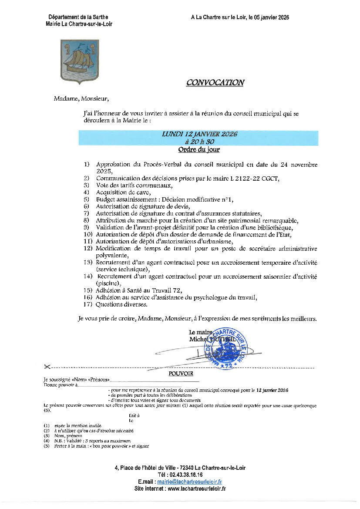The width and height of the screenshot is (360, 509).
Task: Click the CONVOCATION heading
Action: pyautogui.click(x=215, y=83)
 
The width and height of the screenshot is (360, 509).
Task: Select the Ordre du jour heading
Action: pyautogui.click(x=199, y=150)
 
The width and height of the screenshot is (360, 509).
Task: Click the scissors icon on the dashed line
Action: pyautogui.click(x=47, y=367)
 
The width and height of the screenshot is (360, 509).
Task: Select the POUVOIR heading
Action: pyautogui.click(x=181, y=373)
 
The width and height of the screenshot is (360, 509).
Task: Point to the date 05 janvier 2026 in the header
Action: pyautogui.click(x=269, y=17)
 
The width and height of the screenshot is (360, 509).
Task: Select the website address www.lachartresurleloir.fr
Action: pyautogui.click(x=197, y=489)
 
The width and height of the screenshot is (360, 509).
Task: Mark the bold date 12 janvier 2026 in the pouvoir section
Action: pyautogui.click(x=273, y=390)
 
